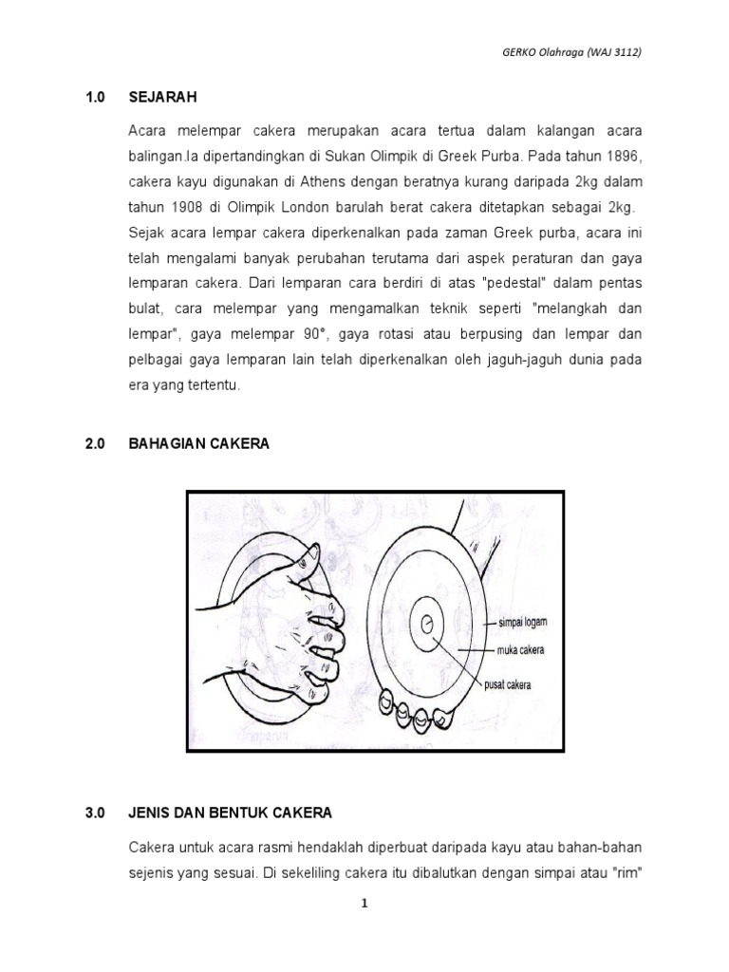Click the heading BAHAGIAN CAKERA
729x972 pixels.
point(199,443)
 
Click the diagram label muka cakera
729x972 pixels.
point(520,652)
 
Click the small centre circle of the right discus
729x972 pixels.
point(427,624)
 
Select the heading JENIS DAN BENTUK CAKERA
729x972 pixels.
point(231,813)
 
